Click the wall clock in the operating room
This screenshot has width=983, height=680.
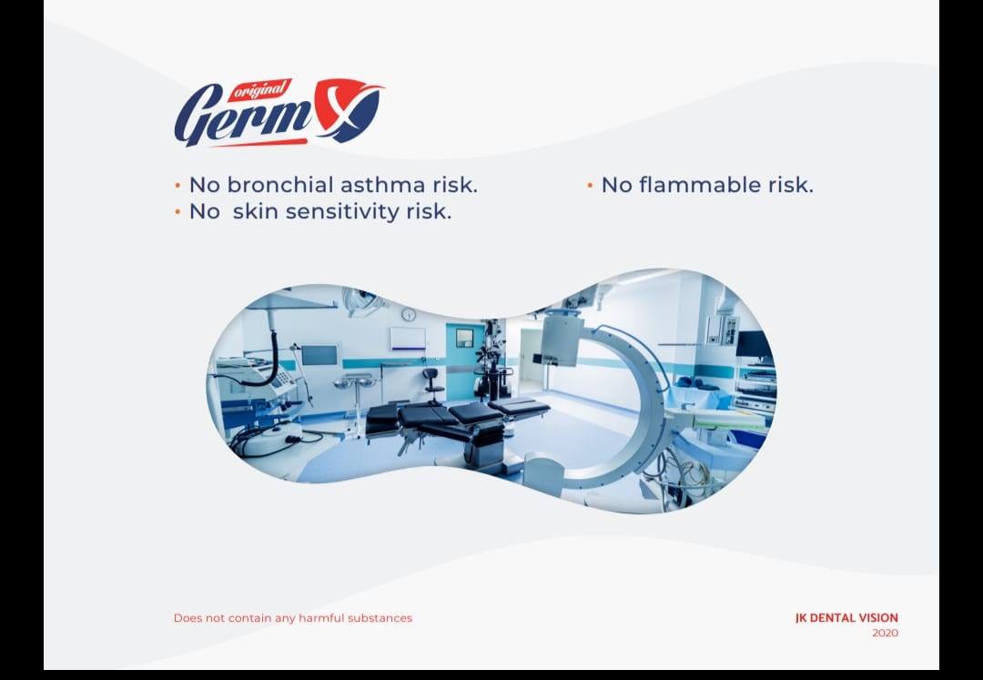(x=409, y=314)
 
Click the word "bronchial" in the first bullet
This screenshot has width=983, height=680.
(x=280, y=185)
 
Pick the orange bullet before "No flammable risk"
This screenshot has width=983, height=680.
(x=590, y=186)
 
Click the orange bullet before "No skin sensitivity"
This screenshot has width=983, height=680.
(x=177, y=213)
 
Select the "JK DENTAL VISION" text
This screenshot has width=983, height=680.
(x=846, y=618)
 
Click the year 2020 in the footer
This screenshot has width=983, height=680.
(x=885, y=633)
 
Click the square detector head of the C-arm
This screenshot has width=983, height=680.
(x=562, y=339)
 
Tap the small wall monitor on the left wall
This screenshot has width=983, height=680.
(x=319, y=354)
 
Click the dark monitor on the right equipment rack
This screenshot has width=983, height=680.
(x=753, y=343)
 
